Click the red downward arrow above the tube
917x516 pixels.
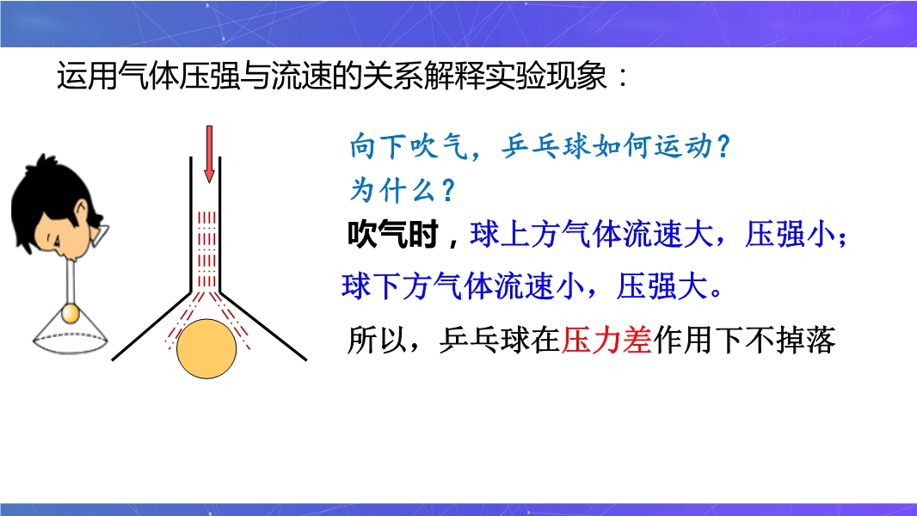209,154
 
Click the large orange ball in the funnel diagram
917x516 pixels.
206,349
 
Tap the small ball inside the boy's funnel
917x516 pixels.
71,314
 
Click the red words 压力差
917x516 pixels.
606,340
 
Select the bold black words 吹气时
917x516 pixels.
392,235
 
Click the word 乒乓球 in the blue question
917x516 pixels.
546,146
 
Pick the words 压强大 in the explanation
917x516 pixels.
662,286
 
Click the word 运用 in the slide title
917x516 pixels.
87,77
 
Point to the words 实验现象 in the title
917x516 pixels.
545,77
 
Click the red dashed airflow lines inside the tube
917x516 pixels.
206,249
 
